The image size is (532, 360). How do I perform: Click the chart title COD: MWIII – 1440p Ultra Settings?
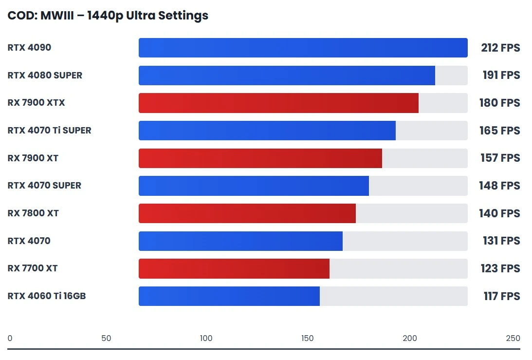[108, 16]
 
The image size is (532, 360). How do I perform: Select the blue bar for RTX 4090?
[303, 48]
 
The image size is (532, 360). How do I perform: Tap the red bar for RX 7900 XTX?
[278, 103]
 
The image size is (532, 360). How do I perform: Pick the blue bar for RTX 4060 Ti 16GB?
[229, 296]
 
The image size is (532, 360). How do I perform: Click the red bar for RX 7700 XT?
[234, 268]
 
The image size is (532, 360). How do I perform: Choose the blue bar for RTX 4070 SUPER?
[254, 186]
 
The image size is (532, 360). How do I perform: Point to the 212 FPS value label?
[500, 48]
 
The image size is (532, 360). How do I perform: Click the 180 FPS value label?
[500, 103]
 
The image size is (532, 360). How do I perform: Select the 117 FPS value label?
[501, 296]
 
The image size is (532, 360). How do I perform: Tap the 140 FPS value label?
[500, 213]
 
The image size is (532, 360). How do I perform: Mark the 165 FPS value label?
[500, 131]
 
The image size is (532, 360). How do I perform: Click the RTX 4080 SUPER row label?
[45, 76]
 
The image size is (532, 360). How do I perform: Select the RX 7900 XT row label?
[33, 158]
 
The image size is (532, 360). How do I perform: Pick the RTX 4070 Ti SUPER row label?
[49, 131]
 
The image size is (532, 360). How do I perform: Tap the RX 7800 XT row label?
[33, 213]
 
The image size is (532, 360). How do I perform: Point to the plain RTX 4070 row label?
[29, 241]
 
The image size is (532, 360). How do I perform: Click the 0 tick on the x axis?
[10, 339]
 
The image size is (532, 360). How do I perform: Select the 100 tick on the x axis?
[206, 339]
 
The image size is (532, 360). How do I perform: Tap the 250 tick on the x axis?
[513, 339]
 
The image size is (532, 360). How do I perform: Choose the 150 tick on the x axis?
[308, 339]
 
